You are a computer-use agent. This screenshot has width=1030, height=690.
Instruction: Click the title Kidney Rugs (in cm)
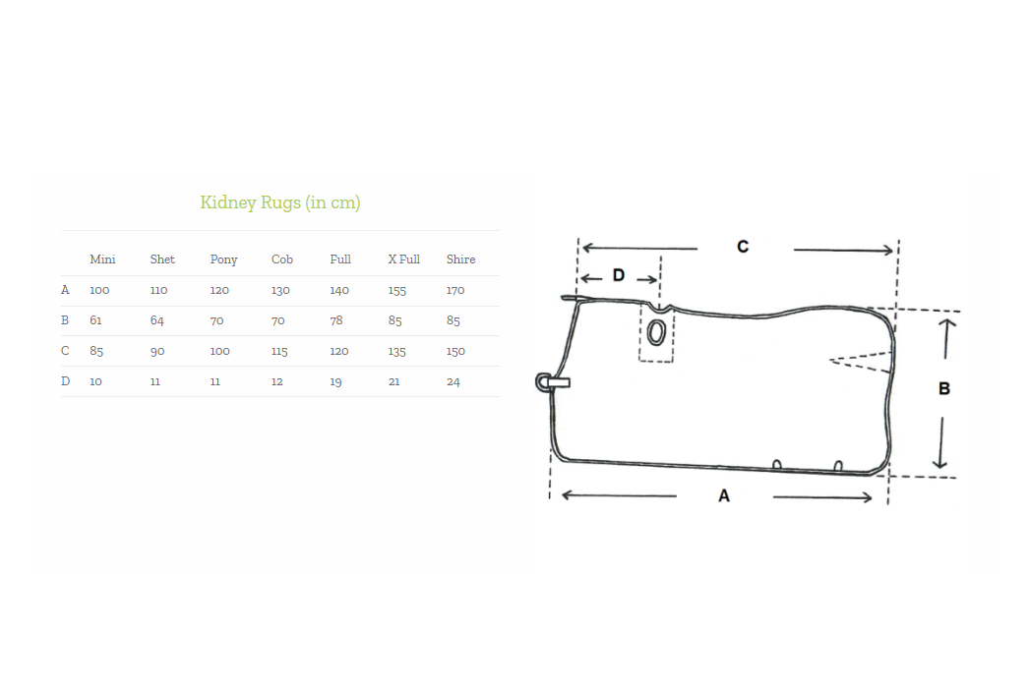coord(279,202)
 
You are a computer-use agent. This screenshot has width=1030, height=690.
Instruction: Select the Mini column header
coord(102,259)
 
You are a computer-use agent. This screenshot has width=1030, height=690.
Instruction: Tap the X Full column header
coord(403,259)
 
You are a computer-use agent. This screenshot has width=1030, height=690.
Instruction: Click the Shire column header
coord(460,259)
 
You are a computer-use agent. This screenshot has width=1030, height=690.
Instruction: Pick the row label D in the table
coord(65,380)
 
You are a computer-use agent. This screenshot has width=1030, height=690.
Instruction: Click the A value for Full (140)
coord(339,290)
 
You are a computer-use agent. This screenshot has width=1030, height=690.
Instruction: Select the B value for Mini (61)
coord(95,320)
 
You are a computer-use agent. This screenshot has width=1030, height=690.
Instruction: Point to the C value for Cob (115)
coord(279,351)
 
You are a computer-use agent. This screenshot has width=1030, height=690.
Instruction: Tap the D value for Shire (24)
coord(454,381)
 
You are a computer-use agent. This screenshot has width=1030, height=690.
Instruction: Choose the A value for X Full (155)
coord(396,290)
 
